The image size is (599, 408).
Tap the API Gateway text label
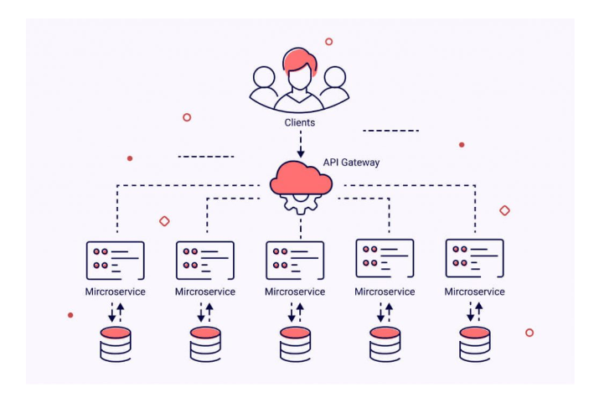351,163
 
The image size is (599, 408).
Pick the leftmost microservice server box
116,259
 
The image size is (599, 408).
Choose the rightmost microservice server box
474,258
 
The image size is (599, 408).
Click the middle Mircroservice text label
295,292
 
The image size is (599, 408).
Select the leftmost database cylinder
116,343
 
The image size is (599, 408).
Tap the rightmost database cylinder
474,343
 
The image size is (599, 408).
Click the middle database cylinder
295,343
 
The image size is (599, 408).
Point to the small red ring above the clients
328,41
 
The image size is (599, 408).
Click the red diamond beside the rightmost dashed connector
504,210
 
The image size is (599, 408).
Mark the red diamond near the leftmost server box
164,221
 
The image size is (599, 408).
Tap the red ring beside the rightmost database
529,333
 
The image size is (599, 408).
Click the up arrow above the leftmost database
121,312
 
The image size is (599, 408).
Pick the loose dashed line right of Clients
390,131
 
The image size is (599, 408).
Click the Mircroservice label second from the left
205,292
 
